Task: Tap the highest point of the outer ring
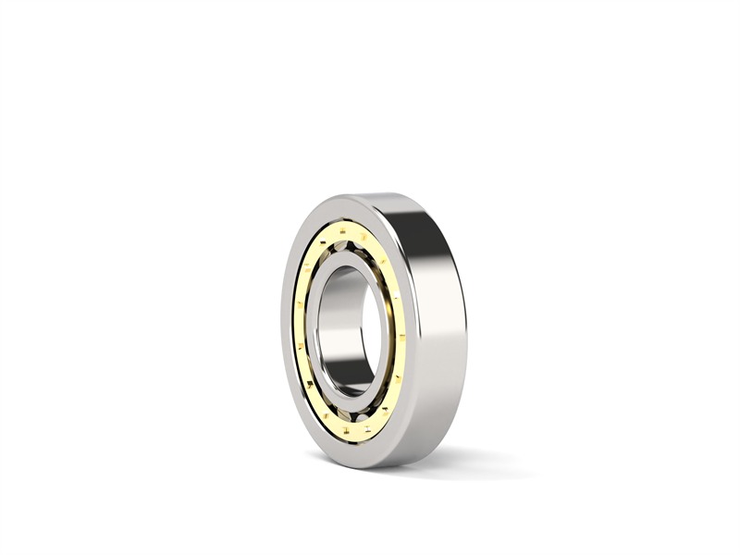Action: tap(370, 194)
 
